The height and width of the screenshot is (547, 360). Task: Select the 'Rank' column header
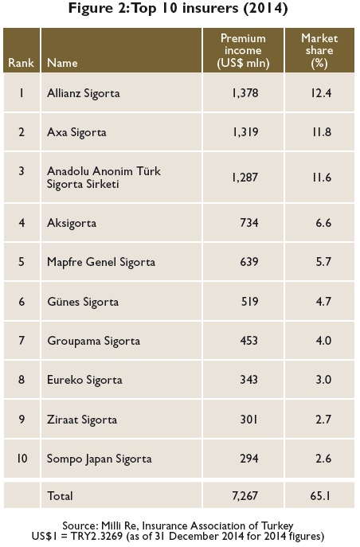coord(22,63)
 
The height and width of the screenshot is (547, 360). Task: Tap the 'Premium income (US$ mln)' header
coord(243,51)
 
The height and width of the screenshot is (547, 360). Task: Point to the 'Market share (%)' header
coord(319,51)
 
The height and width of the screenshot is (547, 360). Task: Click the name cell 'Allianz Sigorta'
coord(84,93)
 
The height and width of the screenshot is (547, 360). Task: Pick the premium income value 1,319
coord(245,132)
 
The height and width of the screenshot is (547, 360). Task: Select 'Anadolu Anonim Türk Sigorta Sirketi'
coord(104,178)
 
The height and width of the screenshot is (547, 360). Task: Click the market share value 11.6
coord(321,178)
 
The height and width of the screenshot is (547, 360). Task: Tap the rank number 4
coord(22,223)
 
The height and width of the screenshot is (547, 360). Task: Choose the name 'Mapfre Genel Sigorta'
coord(101,262)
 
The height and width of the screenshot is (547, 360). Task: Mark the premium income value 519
coord(249,302)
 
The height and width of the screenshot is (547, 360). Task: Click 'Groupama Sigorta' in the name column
coord(93,341)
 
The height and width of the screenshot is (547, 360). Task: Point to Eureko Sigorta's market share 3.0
coord(323,380)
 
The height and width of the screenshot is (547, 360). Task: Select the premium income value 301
coord(248,419)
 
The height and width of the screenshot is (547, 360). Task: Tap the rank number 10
coord(22,458)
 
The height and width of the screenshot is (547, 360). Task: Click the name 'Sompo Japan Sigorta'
coord(100,459)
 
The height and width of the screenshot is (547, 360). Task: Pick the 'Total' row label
coord(60,496)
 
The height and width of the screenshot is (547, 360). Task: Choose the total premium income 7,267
coord(245,496)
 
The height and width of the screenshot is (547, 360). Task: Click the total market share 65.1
coord(321,496)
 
